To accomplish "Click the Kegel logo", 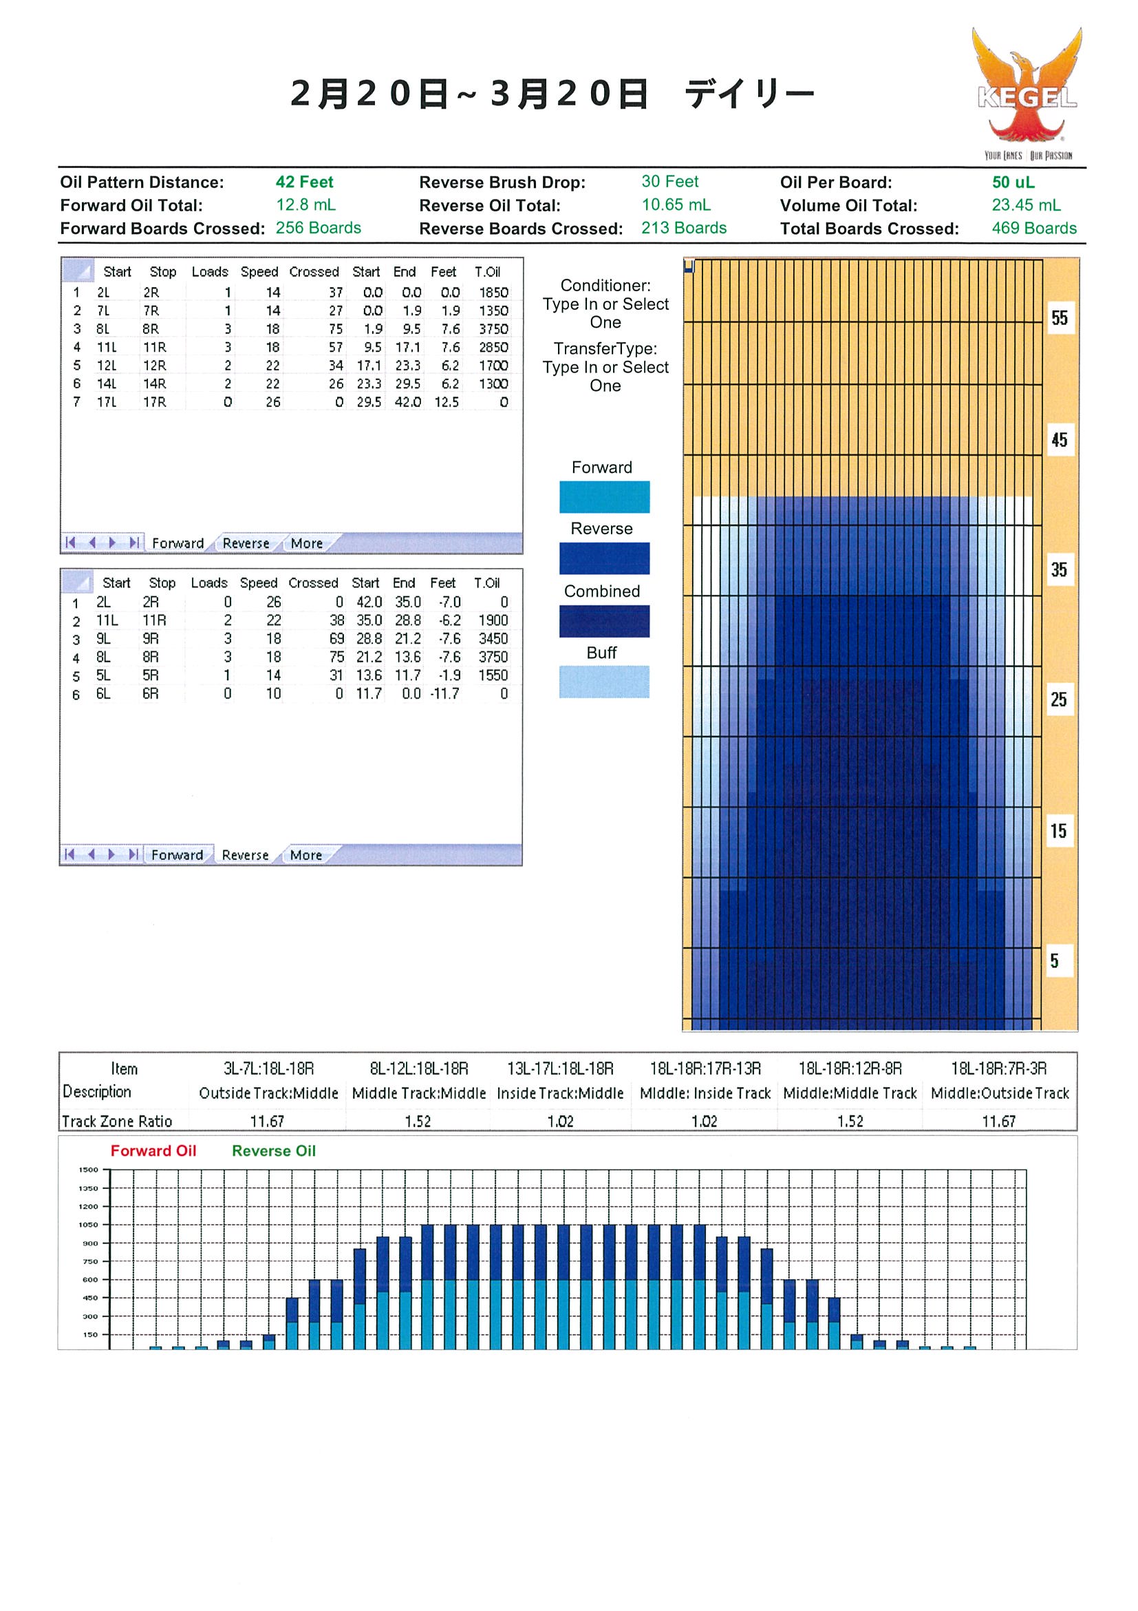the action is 1028,94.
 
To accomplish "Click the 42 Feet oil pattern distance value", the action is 304,182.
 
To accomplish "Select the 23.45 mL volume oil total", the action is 1026,206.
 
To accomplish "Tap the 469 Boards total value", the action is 1033,229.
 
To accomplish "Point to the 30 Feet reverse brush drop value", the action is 669,182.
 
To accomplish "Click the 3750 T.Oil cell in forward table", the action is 493,329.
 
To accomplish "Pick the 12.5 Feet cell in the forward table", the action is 447,402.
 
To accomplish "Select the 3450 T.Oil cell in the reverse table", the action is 493,639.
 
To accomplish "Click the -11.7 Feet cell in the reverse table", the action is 444,694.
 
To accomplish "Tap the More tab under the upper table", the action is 306,544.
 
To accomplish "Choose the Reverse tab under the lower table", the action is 246,855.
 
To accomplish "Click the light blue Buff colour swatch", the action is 604,682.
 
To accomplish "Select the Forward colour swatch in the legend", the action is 604,497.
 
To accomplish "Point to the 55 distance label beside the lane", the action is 1060,318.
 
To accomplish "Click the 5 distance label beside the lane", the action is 1054,960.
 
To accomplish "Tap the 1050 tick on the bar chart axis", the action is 88,1225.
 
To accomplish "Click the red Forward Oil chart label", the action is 153,1150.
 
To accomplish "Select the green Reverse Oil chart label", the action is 274,1150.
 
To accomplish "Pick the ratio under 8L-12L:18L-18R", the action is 418,1122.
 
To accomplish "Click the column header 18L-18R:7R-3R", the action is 998,1068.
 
